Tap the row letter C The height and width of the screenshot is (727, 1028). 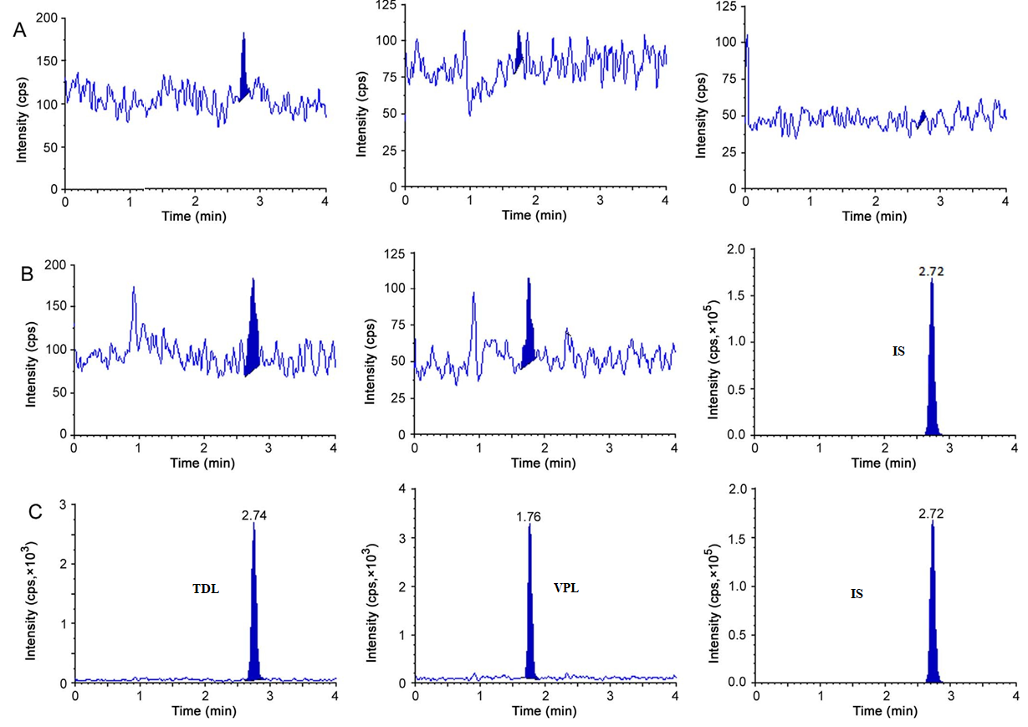[x=34, y=511]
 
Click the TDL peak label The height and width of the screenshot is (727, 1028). [x=206, y=590]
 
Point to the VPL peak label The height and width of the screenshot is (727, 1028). [x=566, y=588]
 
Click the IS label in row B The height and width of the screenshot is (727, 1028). [x=898, y=351]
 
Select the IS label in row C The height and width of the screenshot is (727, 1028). [x=857, y=594]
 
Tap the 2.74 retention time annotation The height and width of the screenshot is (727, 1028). [x=253, y=517]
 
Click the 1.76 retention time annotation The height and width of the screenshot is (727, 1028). [x=529, y=517]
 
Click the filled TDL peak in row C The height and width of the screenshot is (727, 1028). [x=254, y=636]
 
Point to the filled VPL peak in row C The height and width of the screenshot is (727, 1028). [x=529, y=636]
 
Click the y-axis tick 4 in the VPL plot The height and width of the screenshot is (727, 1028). [x=401, y=489]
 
